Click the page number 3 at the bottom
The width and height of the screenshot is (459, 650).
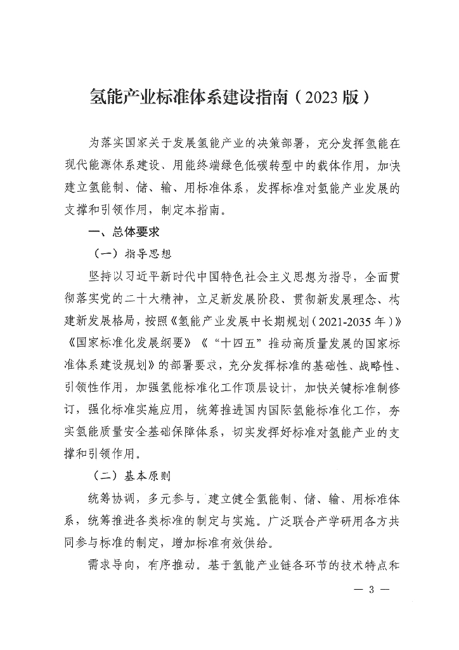pos(372,589)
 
